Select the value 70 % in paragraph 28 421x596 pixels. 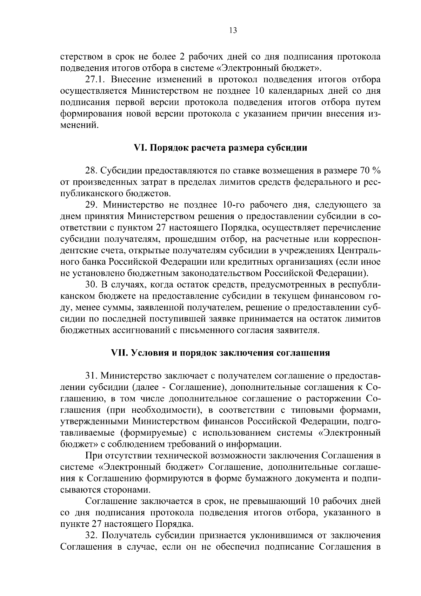[370, 171]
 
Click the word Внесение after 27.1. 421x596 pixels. [135, 79]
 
